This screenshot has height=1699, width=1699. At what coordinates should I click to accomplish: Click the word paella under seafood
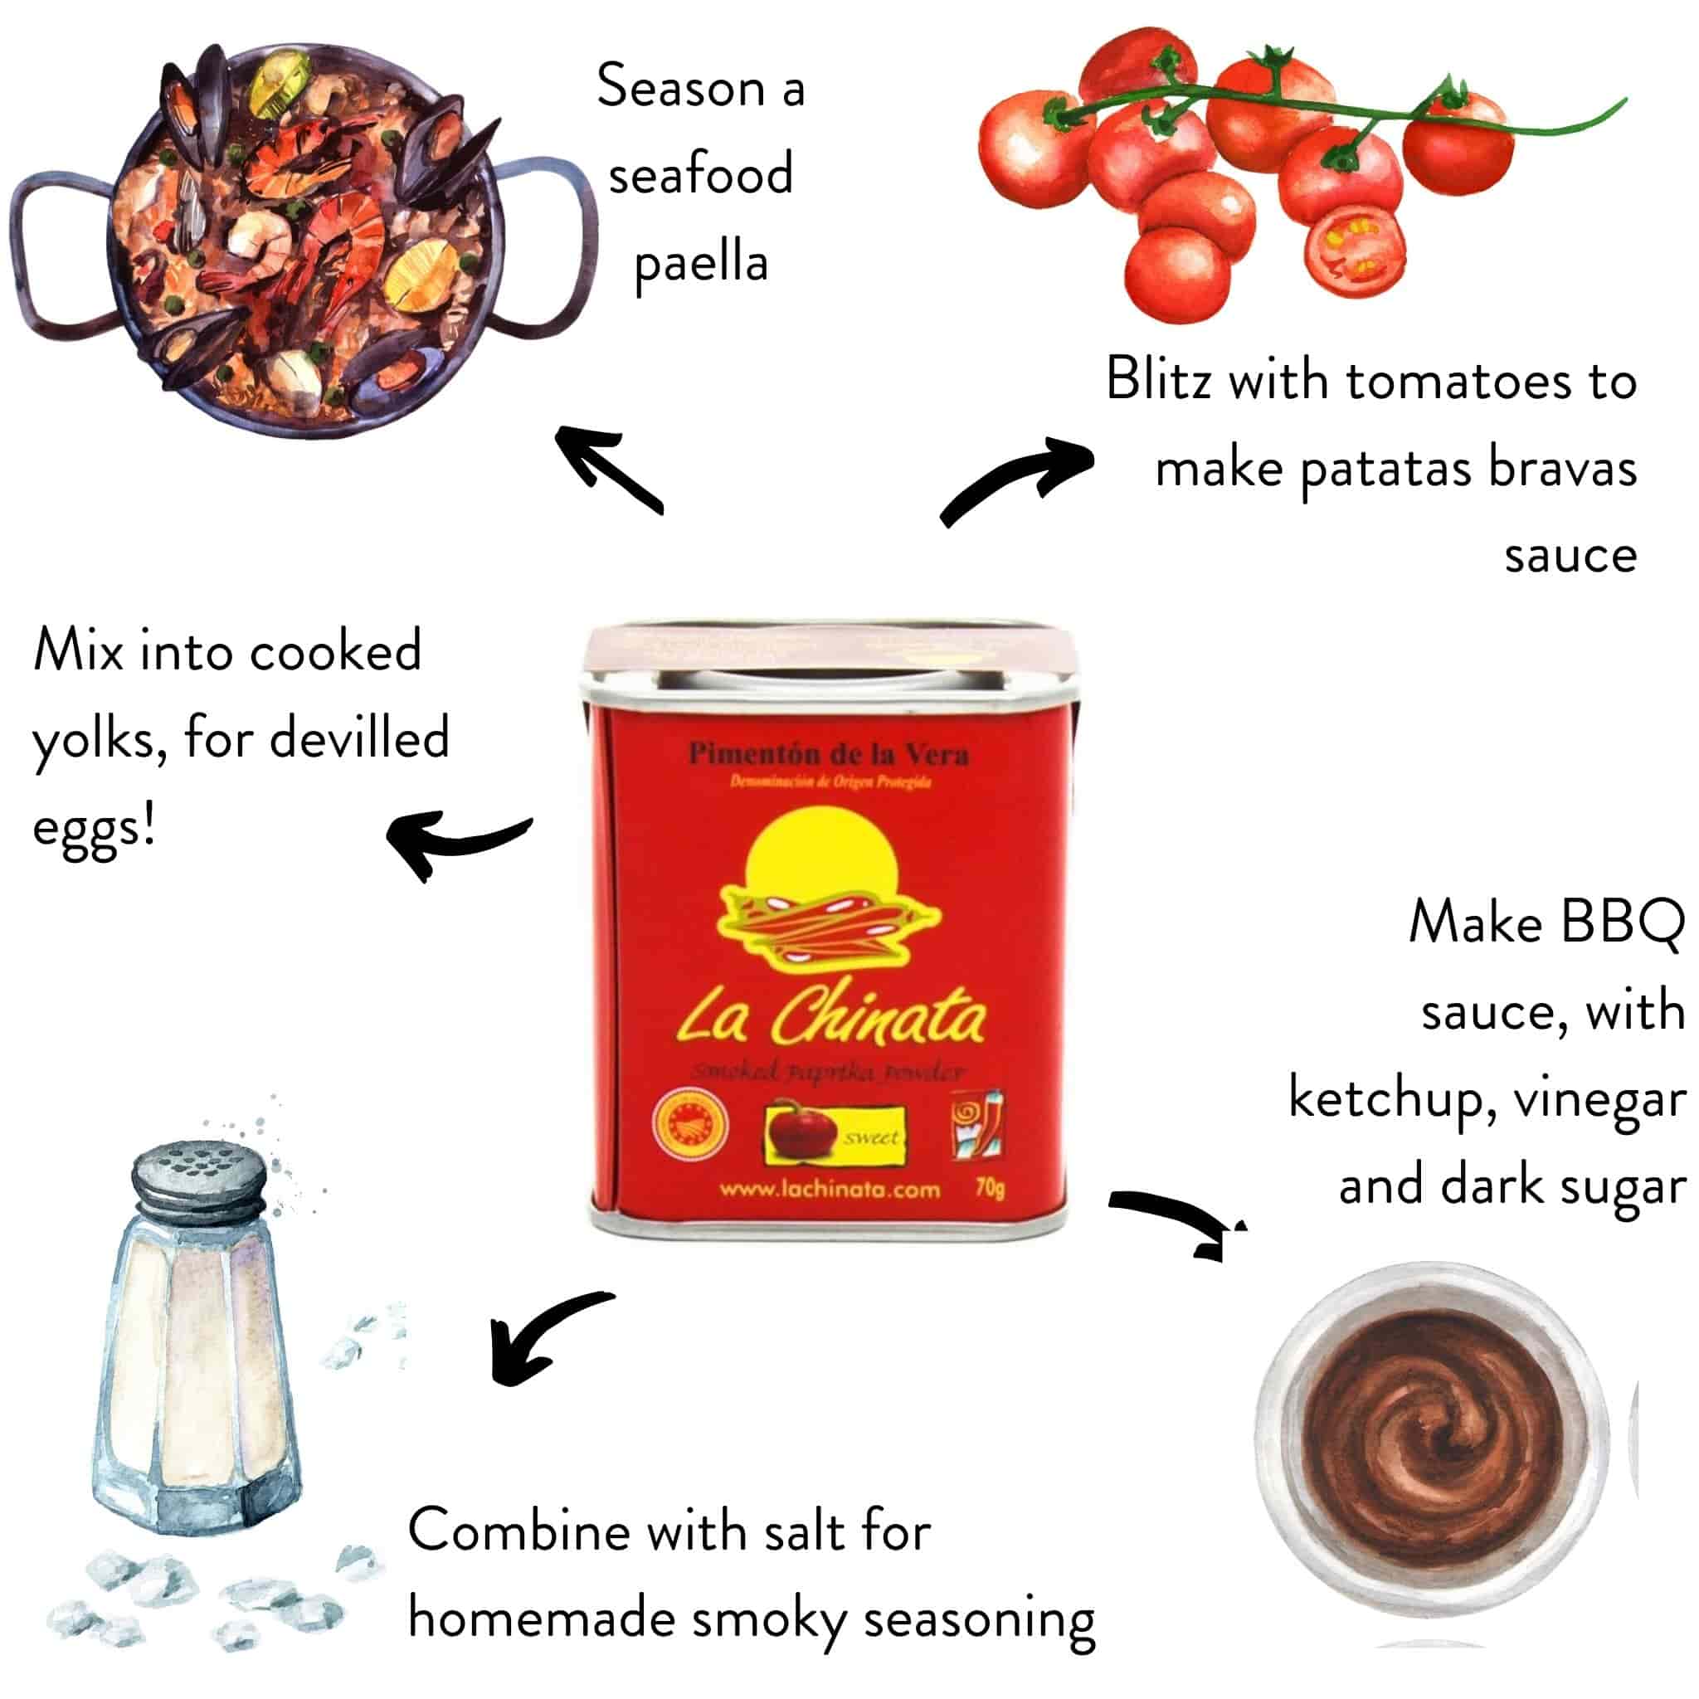click(x=701, y=264)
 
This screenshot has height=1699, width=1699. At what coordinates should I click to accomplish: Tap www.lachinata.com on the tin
click(x=830, y=1190)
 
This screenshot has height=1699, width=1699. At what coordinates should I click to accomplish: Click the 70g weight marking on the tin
click(x=990, y=1187)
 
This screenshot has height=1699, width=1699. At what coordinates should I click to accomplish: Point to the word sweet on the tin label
click(x=870, y=1137)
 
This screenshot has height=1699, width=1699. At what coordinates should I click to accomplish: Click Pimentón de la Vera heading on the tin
click(x=829, y=755)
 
